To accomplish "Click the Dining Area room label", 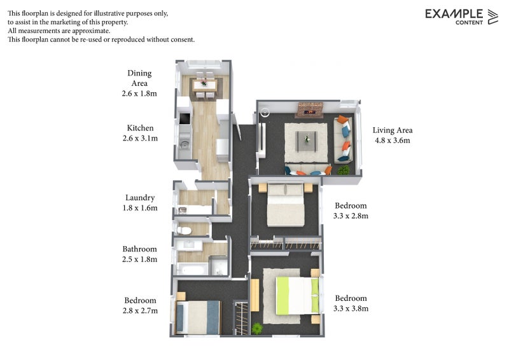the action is [139, 78].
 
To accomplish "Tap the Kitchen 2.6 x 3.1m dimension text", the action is [140, 138].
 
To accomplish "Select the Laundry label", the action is [140, 198].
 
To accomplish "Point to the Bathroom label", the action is [139, 249].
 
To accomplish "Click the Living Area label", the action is [393, 130].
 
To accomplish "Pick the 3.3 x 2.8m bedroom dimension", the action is [351, 216].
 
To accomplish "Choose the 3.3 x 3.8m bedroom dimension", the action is [351, 308].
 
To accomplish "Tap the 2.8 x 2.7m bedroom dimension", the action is [140, 310].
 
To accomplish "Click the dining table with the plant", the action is [204, 85].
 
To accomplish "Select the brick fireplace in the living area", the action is [310, 110].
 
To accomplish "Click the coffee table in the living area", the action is [307, 141].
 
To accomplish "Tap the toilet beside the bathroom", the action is [184, 231].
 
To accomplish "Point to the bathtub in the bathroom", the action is [192, 270].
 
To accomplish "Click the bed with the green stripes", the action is [297, 296].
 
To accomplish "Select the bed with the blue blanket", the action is [198, 317].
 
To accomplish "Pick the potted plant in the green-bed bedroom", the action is [257, 328].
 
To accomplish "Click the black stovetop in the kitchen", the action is [185, 118].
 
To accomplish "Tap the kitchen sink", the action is [185, 144].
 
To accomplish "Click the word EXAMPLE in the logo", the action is [454, 14].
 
